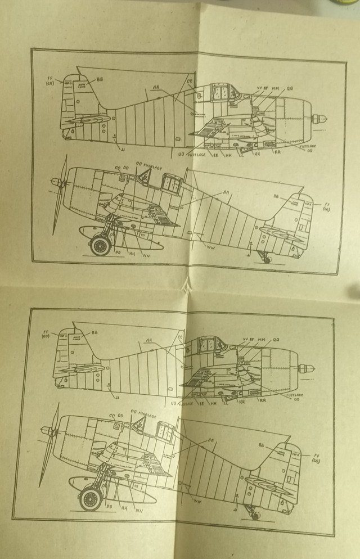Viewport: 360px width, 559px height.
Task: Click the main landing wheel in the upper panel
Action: pyautogui.click(x=101, y=245)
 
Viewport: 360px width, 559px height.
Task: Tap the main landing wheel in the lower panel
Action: pyautogui.click(x=89, y=498)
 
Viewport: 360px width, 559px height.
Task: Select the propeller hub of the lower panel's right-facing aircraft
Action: pyautogui.click(x=307, y=369)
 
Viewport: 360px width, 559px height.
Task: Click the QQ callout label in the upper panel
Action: pyautogui.click(x=291, y=88)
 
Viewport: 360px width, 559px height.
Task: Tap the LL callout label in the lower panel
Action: pyautogui.click(x=226, y=403)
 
